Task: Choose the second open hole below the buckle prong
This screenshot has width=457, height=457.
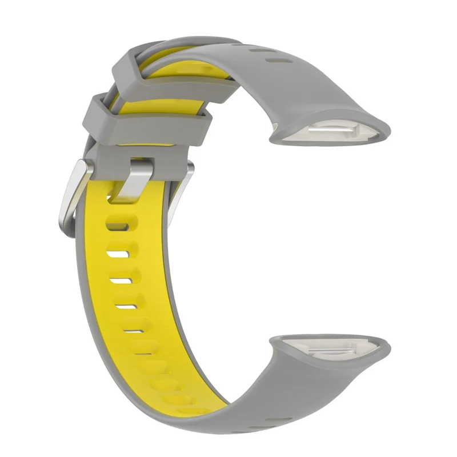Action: [118, 251]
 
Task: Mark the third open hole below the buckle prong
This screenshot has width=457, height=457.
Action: [121, 280]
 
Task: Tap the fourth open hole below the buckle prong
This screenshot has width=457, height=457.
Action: [126, 307]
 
